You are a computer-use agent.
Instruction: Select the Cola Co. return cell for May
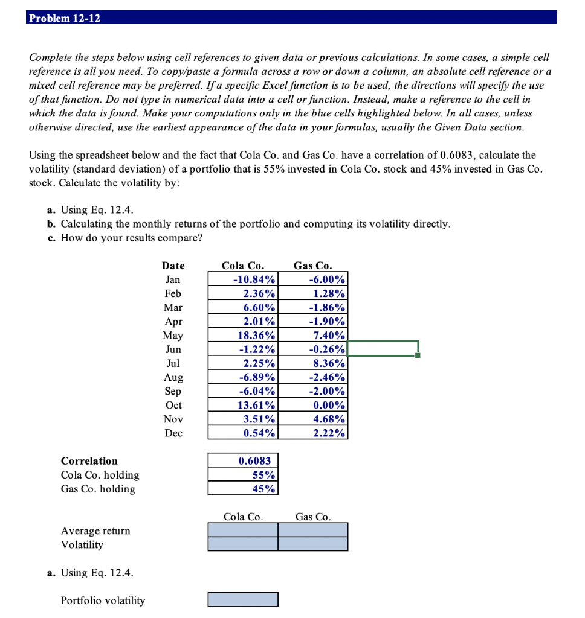[243, 335]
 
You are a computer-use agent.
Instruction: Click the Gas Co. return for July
[313, 363]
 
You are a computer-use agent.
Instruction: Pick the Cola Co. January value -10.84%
[243, 279]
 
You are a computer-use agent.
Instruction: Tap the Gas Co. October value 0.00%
[313, 405]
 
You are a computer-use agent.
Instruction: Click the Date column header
[173, 266]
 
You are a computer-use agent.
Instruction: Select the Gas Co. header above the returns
[312, 266]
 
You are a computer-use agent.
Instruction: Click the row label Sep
[173, 391]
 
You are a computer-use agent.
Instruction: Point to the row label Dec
[173, 433]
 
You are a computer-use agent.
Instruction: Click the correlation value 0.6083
[243, 461]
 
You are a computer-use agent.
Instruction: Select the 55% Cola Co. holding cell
[243, 475]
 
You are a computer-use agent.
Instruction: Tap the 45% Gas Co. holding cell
[243, 489]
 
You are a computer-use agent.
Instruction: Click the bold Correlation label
[89, 461]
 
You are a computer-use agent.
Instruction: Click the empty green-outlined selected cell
[383, 349]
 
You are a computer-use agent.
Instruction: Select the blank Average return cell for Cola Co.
[243, 529]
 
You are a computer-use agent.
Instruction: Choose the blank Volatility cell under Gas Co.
[313, 543]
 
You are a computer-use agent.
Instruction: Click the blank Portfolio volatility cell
[243, 599]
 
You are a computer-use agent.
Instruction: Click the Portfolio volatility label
[103, 600]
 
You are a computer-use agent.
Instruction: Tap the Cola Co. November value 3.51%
[243, 419]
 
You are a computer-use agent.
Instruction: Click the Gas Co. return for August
[313, 377]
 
